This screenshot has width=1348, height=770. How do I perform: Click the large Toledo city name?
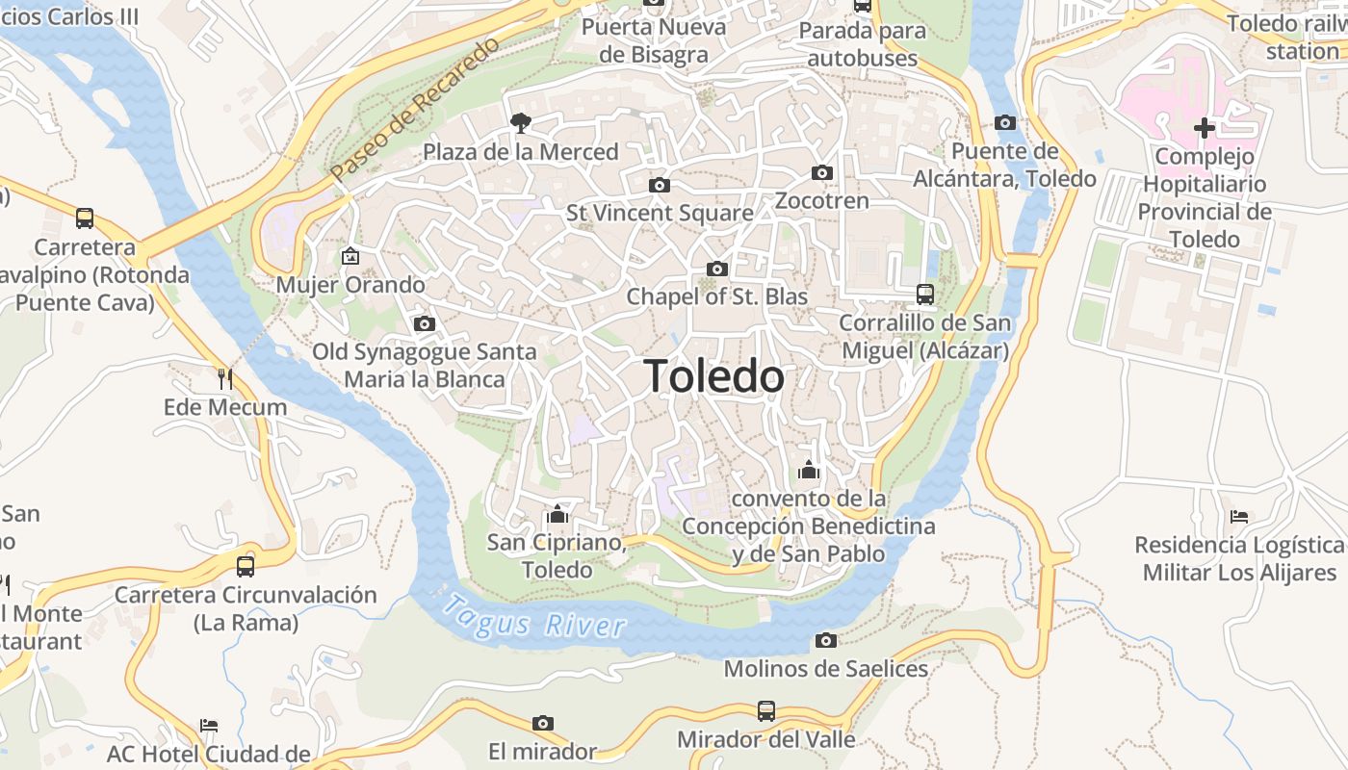[713, 375]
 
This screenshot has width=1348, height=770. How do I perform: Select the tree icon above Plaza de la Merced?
[520, 122]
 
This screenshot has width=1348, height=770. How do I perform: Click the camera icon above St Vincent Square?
[660, 185]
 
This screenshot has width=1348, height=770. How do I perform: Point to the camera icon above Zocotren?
[821, 173]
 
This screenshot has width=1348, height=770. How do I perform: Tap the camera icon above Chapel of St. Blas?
[717, 269]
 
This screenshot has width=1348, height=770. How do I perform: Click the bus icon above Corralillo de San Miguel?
[925, 294]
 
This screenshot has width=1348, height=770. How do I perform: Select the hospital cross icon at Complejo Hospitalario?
[1204, 127]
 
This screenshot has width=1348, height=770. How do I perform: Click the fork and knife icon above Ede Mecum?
[225, 378]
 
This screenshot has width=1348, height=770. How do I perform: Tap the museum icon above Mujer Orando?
[350, 256]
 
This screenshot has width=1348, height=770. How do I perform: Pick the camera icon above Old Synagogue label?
[424, 323]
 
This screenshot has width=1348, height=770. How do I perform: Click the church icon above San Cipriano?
[557, 514]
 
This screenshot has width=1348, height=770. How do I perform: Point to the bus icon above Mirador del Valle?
[765, 711]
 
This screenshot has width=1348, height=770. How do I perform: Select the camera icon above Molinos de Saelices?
[825, 641]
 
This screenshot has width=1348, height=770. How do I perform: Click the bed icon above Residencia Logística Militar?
[1239, 517]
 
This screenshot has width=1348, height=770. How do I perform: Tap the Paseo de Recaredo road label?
[415, 110]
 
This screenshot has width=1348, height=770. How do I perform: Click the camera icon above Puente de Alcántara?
[1004, 122]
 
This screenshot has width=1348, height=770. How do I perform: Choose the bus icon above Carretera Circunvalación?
[246, 566]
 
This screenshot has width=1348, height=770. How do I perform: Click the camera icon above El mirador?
[543, 723]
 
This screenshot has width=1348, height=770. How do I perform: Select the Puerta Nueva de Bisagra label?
[654, 40]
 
